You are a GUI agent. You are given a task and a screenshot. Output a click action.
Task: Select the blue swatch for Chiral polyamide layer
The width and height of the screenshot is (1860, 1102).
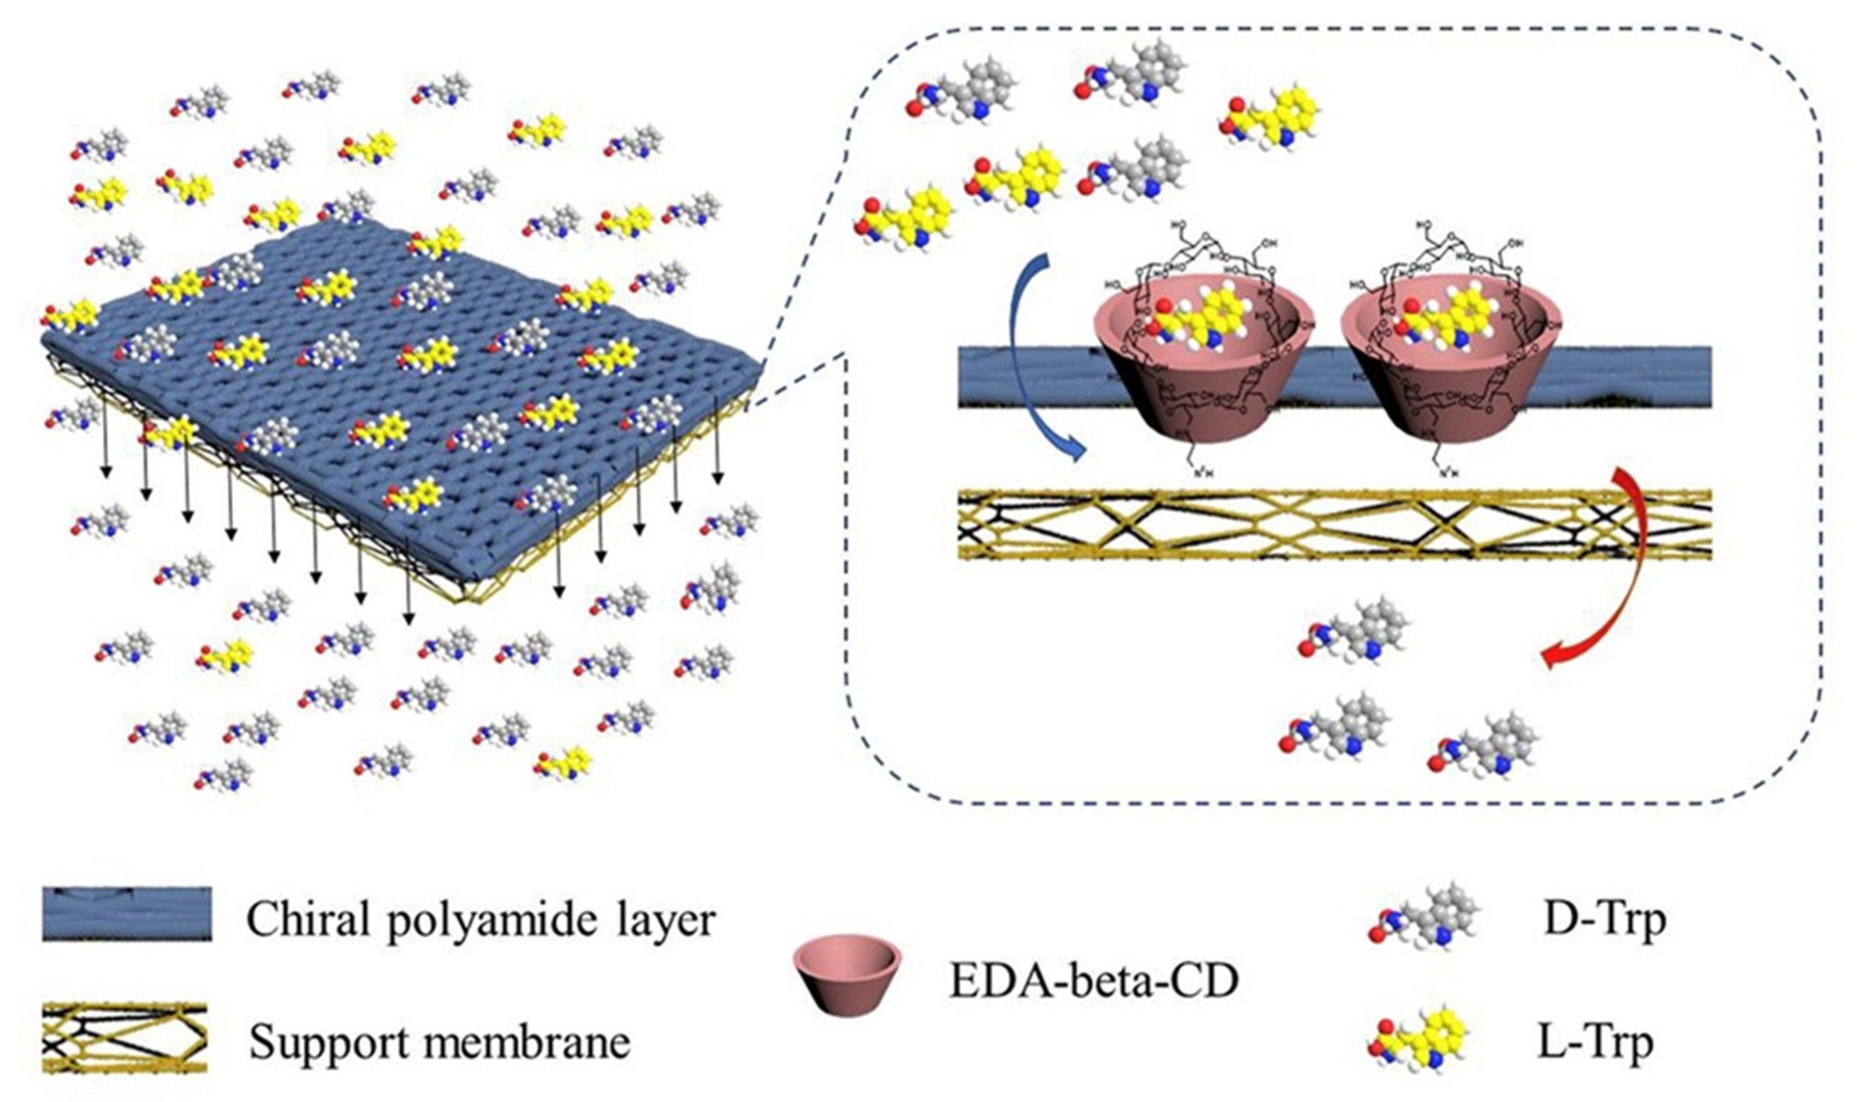(x=127, y=914)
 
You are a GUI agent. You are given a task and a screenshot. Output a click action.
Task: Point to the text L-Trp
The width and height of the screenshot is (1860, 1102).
(x=1596, y=1044)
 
